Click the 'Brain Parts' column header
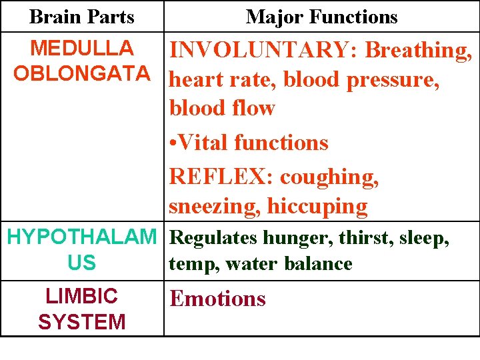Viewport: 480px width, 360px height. [x=82, y=17]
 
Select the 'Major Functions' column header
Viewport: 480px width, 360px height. [x=321, y=17]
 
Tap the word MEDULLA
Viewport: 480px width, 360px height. [x=82, y=49]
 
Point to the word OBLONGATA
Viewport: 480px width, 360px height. [x=82, y=73]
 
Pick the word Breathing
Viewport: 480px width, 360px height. [x=419, y=51]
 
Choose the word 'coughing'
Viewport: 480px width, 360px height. [x=329, y=178]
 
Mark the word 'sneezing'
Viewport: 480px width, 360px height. [x=214, y=207]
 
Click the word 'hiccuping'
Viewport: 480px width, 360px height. [x=317, y=207]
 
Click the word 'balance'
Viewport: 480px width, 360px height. [x=318, y=264]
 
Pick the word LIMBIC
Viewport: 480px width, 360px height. [x=82, y=296]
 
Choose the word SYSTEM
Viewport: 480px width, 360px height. [x=82, y=322]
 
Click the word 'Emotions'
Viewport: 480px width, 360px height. [x=217, y=299]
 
